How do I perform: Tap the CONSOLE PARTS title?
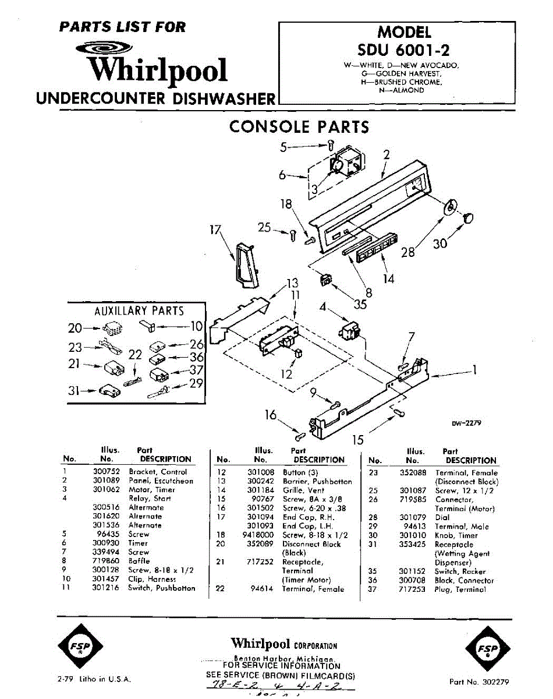(299, 126)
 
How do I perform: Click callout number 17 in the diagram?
(216, 231)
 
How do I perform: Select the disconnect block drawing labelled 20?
(112, 330)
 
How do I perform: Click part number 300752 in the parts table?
(104, 472)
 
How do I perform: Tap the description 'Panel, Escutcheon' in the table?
(161, 481)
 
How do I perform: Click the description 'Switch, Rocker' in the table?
(460, 572)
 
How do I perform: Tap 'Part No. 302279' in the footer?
(479, 682)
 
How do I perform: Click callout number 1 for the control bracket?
(474, 369)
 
